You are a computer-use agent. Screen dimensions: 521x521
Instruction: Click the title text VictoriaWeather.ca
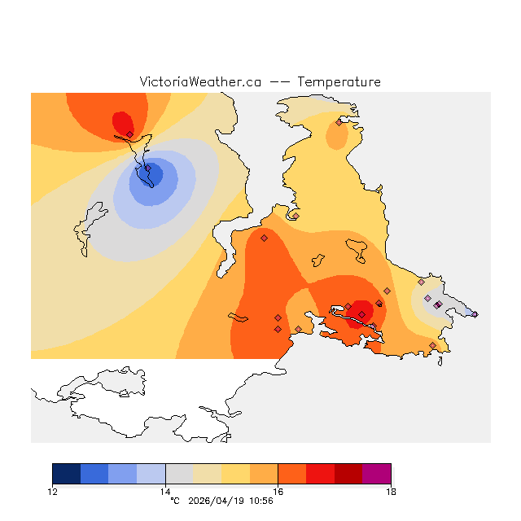point(200,82)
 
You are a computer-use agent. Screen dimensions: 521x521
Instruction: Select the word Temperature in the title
point(339,82)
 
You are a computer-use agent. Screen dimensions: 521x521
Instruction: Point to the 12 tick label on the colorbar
point(53,491)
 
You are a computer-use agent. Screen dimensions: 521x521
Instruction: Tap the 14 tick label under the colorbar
point(165,491)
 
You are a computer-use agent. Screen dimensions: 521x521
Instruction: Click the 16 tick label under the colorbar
point(278,491)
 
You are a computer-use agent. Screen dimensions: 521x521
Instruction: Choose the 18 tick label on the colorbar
point(391,491)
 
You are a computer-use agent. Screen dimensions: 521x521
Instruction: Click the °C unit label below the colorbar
point(174,501)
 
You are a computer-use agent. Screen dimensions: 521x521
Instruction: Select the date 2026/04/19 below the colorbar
point(215,501)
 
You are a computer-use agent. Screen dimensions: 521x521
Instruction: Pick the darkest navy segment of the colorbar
point(67,474)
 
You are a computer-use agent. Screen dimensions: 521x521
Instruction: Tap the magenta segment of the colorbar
point(376,474)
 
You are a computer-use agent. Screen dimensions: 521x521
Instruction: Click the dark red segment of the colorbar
point(348,474)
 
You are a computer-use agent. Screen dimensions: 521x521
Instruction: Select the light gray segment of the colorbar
point(179,474)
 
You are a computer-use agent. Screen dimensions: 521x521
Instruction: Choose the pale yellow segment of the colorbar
point(208,474)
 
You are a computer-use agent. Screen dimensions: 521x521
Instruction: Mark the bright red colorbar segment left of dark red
point(320,474)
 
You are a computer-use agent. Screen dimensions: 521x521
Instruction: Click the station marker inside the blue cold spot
point(148,169)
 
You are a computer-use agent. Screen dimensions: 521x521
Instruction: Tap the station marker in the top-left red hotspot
point(129,134)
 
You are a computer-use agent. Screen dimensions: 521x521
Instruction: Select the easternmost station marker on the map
point(475,313)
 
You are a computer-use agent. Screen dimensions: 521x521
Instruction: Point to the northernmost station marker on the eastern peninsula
point(339,123)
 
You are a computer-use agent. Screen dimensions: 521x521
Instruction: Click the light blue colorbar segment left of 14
point(151,474)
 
